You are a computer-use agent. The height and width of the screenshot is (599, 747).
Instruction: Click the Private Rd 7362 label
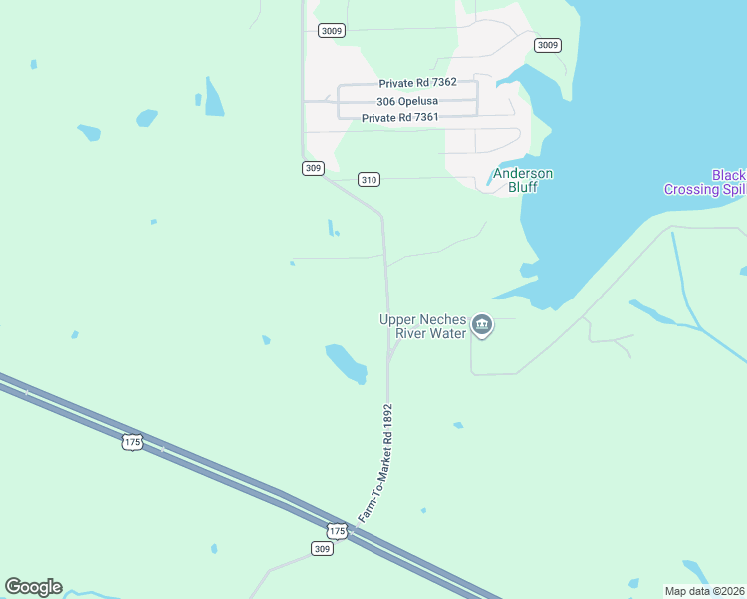click(x=417, y=84)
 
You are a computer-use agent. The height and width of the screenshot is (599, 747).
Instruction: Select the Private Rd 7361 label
click(x=399, y=118)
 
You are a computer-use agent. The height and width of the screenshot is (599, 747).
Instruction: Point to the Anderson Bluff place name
click(x=523, y=180)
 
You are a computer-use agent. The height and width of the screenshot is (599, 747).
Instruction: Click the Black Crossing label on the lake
click(x=706, y=182)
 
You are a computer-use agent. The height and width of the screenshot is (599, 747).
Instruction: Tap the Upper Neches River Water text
click(x=422, y=326)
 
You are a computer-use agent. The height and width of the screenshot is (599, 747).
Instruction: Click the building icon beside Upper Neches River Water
click(x=482, y=325)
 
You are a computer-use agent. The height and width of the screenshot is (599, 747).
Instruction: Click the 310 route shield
click(x=369, y=180)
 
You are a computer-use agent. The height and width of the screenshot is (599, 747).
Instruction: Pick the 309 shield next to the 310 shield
click(x=312, y=168)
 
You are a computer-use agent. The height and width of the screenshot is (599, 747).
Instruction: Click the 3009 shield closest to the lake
click(x=547, y=45)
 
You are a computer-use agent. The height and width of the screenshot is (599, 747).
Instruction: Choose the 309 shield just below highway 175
click(x=321, y=549)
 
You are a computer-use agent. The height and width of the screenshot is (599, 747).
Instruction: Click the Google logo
click(x=33, y=587)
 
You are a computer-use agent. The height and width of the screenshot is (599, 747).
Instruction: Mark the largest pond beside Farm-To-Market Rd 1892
click(x=346, y=362)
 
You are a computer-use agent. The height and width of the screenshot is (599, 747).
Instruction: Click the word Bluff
click(x=523, y=187)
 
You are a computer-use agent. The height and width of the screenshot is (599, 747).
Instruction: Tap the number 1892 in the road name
click(x=387, y=419)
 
